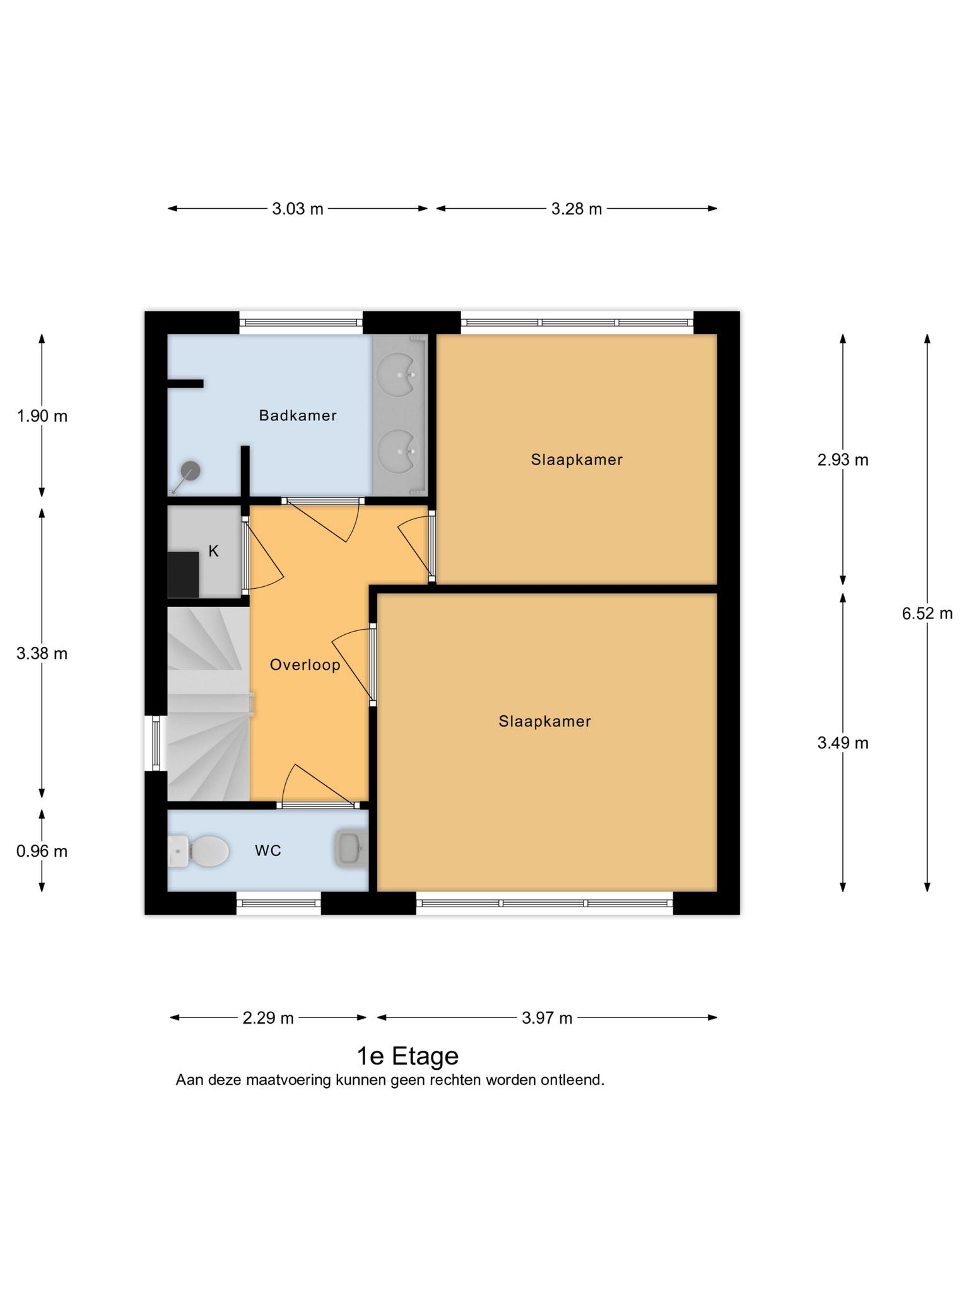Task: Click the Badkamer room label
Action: pyautogui.click(x=298, y=416)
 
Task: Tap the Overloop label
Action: pyautogui.click(x=305, y=665)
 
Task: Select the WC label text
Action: pyautogui.click(x=268, y=851)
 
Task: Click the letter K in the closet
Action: pyautogui.click(x=213, y=552)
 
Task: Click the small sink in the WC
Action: pyautogui.click(x=351, y=848)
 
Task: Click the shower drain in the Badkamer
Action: pyautogui.click(x=190, y=470)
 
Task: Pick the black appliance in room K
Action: pyautogui.click(x=184, y=575)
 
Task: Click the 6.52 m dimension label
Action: pyautogui.click(x=927, y=613)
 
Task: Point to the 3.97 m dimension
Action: pyautogui.click(x=547, y=1018)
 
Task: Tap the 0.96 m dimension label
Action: pyautogui.click(x=42, y=852)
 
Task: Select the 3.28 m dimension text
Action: pyautogui.click(x=577, y=209)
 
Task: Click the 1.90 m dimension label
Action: pyautogui.click(x=42, y=417)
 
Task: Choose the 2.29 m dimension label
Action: pyautogui.click(x=268, y=1018)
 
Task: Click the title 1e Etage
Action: pyautogui.click(x=408, y=1056)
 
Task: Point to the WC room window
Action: pyautogui.click(x=279, y=903)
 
